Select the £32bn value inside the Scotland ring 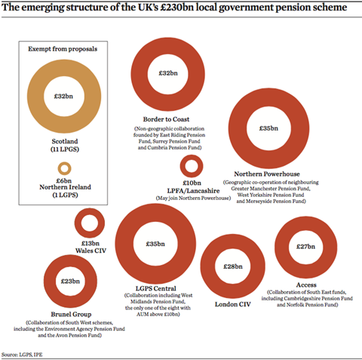coord(63,97)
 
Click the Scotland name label coord(63,141)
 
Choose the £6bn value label coord(63,180)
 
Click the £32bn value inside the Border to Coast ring coord(167,73)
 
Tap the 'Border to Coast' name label coord(167,119)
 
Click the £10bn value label coord(192,183)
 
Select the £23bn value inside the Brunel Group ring coord(70,282)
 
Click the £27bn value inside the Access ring coord(305,246)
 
